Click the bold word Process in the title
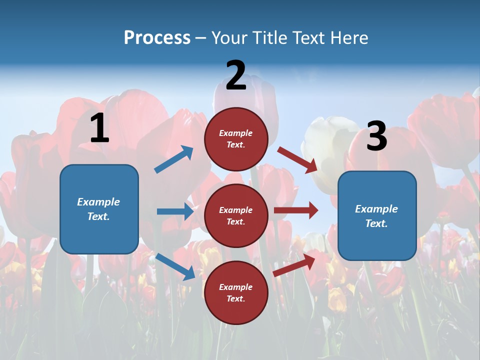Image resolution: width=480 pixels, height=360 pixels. point(157,38)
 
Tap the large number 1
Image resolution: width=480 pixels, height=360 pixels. point(99,128)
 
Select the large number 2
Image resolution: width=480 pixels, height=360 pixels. point(236,75)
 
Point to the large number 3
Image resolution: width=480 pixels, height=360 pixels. point(376,136)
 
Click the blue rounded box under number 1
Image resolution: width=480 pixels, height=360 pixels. point(99,209)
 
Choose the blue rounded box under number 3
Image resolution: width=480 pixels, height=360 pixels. point(377,215)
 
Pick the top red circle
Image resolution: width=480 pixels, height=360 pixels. point(236,139)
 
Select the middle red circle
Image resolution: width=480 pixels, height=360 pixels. point(236,215)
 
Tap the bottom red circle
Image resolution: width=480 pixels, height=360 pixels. point(236,292)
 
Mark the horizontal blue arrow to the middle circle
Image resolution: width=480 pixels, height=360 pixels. point(175,211)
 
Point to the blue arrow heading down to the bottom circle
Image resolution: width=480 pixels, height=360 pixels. point(175,266)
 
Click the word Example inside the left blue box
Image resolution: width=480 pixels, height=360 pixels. point(98,202)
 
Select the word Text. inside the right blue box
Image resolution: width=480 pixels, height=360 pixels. point(376,223)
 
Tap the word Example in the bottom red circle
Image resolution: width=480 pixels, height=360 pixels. point(236,287)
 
